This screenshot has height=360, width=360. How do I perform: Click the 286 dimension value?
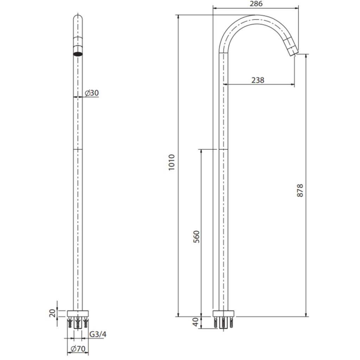pos(256,4)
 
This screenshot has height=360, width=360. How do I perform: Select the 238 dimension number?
pos(258,81)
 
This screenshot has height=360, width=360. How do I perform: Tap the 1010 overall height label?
pos(172,162)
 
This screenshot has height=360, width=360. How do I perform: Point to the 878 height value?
pos(300,190)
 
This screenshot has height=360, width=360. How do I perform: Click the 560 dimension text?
pos(197,237)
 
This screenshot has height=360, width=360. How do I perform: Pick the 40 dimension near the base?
pos(195,322)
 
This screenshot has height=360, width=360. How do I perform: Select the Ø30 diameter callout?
pos(92,93)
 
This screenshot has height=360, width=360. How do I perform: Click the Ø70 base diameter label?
pos(78,349)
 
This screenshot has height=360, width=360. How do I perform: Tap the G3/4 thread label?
pos(98,334)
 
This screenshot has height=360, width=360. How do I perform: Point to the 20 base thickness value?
pos(53,313)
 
